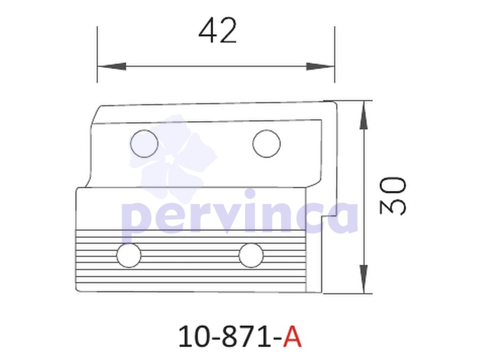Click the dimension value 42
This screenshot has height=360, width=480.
pos(218,30)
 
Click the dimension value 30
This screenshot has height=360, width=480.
pos(393,196)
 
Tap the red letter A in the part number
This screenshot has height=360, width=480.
pos(292,337)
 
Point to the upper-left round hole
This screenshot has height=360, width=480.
pos(144,143)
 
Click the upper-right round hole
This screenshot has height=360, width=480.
pos(266,143)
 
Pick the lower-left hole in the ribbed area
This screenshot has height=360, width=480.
pos(129,255)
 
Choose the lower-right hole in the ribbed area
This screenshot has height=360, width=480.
pos(251,255)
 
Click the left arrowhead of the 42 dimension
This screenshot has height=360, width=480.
pos(112,66)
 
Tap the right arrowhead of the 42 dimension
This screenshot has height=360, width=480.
pos(321,66)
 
